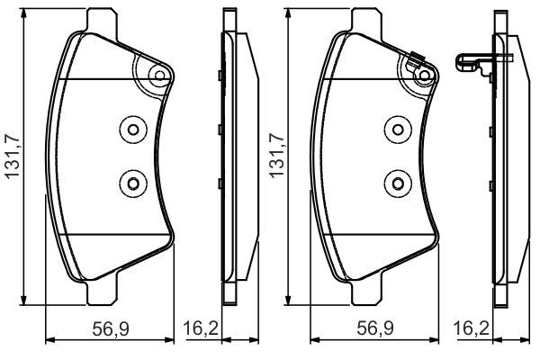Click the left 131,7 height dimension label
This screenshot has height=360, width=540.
pos(12,158)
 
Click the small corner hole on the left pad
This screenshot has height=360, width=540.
pos(158,76)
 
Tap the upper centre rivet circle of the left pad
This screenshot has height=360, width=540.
pos(132,130)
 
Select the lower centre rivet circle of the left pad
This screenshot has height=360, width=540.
pos(132,184)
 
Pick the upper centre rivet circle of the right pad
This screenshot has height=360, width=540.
pos(395,130)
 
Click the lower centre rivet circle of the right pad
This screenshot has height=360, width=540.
pos(395,184)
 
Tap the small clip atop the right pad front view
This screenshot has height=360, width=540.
pos(415,63)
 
